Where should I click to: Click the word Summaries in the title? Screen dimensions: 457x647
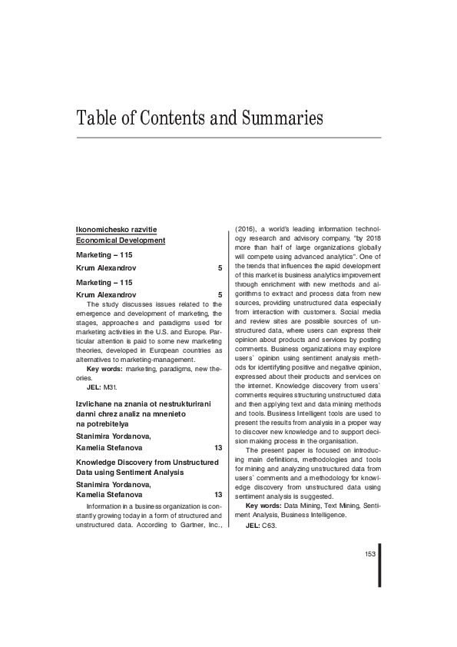click(273, 118)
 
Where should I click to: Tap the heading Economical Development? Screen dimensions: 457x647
click(121, 241)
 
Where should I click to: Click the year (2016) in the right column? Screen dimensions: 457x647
click(244, 228)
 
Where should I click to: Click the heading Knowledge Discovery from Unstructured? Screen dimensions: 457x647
click(147, 463)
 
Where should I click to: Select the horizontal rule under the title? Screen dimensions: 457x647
click(228, 138)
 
